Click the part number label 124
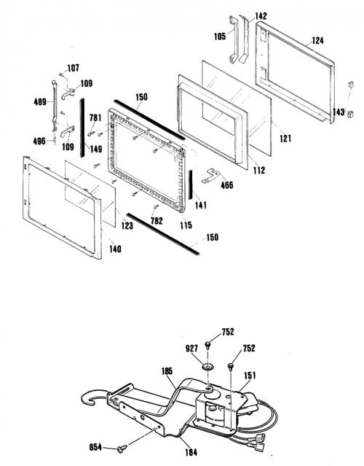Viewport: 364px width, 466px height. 317,40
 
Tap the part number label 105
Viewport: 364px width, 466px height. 220,36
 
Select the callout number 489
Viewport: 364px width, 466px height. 40,102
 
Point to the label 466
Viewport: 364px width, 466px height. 227,185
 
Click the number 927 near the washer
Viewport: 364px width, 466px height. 191,349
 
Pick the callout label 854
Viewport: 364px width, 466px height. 95,447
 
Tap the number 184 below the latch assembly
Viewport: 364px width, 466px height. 191,452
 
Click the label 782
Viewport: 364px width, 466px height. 157,220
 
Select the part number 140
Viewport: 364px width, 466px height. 115,249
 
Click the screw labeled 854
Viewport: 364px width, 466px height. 122,448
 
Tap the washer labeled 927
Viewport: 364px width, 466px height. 208,367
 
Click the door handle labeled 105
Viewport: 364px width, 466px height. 233,40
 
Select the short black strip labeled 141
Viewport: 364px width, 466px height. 191,185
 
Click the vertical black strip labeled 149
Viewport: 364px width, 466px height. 82,128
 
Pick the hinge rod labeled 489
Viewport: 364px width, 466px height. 55,106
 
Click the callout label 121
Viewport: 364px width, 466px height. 285,138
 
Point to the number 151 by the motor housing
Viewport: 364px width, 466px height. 250,376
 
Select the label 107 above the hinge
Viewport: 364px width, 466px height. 73,68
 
